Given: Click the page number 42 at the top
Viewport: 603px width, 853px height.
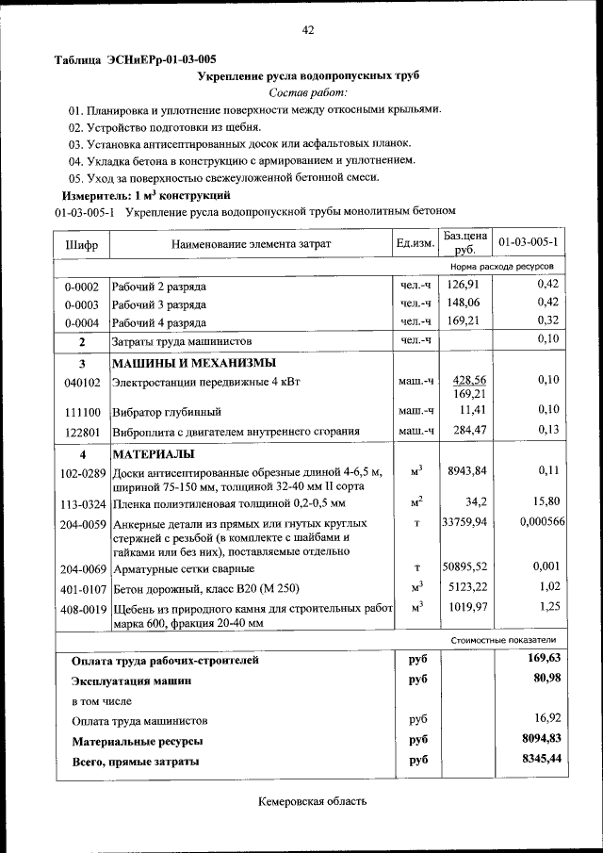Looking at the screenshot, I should click(307, 30).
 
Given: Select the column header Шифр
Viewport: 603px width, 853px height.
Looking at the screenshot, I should click(81, 245).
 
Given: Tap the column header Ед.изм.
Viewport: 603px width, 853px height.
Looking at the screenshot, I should click(415, 245).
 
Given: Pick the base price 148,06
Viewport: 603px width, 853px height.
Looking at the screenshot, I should click(464, 303).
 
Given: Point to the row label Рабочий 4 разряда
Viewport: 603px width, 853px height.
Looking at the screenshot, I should click(159, 321).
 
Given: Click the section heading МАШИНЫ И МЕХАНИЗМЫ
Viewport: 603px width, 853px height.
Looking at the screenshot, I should click(194, 364).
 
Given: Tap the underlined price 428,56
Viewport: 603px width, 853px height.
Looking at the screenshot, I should click(468, 379).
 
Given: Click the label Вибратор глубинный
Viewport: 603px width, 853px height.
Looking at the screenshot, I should click(167, 412).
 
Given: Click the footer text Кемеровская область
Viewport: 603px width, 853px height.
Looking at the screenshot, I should click(312, 802).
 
